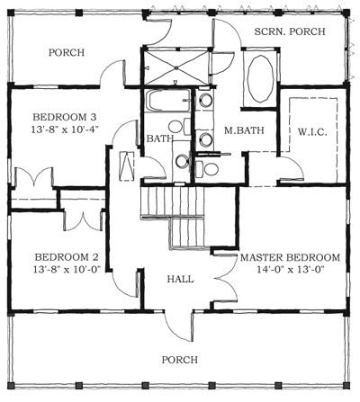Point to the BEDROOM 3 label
pos(64,118)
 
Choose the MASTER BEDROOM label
pos(289,257)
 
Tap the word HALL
pos(181,279)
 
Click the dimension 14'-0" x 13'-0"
pos(289,270)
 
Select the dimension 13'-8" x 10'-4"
pos(64,131)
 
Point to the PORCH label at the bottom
pos(179,360)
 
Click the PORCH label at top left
pos(67,53)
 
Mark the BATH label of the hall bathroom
pos(158,138)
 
